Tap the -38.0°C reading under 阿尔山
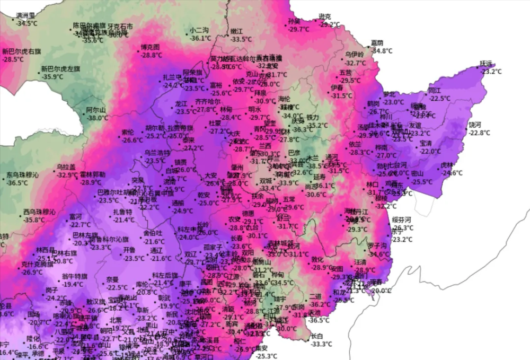click(98, 118)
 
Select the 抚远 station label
click(486, 63)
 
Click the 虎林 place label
click(448, 165)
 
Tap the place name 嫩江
click(236, 32)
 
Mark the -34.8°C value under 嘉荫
click(382, 51)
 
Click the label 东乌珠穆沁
click(23, 175)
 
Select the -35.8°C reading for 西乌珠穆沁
click(34, 220)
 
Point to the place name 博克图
click(150, 47)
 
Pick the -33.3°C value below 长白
click(321, 344)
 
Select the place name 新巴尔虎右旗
click(21, 51)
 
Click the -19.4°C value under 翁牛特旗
click(73, 284)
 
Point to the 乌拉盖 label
click(66, 167)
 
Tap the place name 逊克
click(324, 17)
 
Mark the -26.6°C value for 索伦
click(132, 141)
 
